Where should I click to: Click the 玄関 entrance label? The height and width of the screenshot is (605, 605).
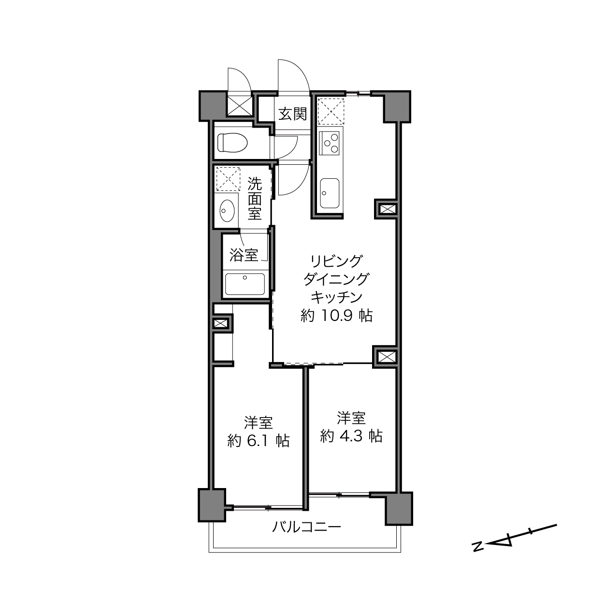click(x=293, y=114)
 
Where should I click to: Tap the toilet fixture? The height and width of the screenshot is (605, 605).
click(x=232, y=143)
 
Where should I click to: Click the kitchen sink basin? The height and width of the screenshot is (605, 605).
click(x=330, y=193)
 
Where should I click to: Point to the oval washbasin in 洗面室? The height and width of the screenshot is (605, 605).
click(x=227, y=211)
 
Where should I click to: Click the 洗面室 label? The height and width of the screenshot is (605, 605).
click(x=255, y=199)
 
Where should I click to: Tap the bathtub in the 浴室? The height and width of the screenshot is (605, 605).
click(x=245, y=284)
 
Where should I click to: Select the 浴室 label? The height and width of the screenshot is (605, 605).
click(x=244, y=255)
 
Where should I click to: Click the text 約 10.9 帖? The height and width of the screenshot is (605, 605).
click(x=336, y=316)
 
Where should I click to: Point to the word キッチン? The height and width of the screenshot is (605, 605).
click(x=336, y=297)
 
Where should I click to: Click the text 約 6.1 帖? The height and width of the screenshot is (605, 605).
click(x=258, y=441)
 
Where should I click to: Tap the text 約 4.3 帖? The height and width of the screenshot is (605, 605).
click(x=351, y=436)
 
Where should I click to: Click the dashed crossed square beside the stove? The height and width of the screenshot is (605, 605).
click(x=331, y=112)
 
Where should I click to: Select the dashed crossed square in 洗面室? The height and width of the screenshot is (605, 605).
click(x=228, y=179)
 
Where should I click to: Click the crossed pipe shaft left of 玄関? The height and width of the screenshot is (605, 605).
click(x=240, y=105)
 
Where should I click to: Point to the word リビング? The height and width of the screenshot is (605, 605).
click(x=336, y=261)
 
